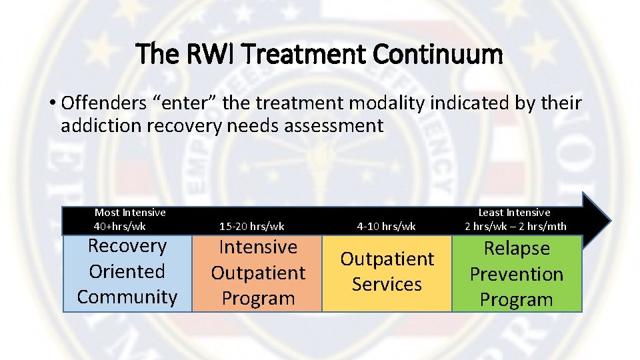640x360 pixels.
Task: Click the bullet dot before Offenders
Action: pyautogui.click(x=51, y=104)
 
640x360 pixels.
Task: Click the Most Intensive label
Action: pyautogui.click(x=130, y=213)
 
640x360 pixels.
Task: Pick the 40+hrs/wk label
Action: pyautogui.click(x=120, y=226)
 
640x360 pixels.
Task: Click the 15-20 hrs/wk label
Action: pyautogui.click(x=252, y=226)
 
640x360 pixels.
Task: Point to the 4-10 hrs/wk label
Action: pyautogui.click(x=386, y=226)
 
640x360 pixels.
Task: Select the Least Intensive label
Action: pyautogui.click(x=515, y=213)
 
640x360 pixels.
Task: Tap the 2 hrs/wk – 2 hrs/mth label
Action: pyautogui.click(x=515, y=226)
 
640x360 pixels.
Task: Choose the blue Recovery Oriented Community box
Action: pyautogui.click(x=127, y=272)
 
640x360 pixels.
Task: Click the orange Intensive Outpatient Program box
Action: pyautogui.click(x=257, y=273)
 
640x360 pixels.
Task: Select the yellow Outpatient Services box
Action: pyautogui.click(x=387, y=272)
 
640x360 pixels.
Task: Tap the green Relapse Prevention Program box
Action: pyautogui.click(x=517, y=275)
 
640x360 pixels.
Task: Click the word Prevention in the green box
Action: pyautogui.click(x=517, y=274)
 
